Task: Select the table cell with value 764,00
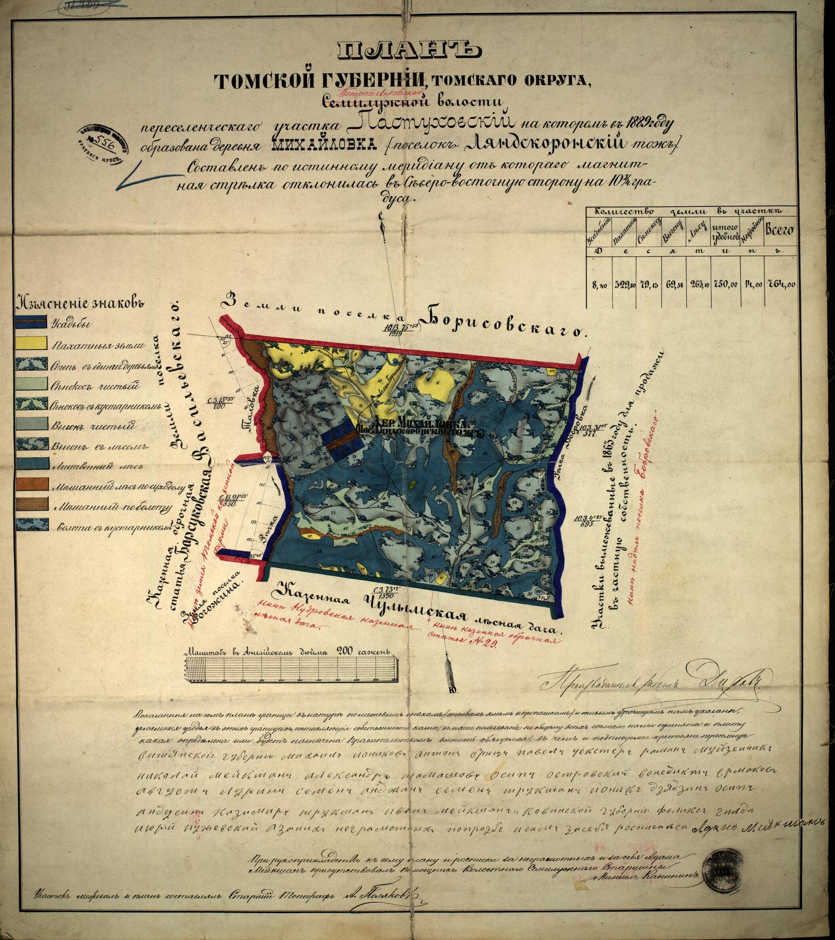781,284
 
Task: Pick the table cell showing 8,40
600,285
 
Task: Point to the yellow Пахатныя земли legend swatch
31,343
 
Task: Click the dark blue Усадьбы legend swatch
31,322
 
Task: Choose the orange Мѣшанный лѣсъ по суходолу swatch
31,484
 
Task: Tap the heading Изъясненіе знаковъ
81,303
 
